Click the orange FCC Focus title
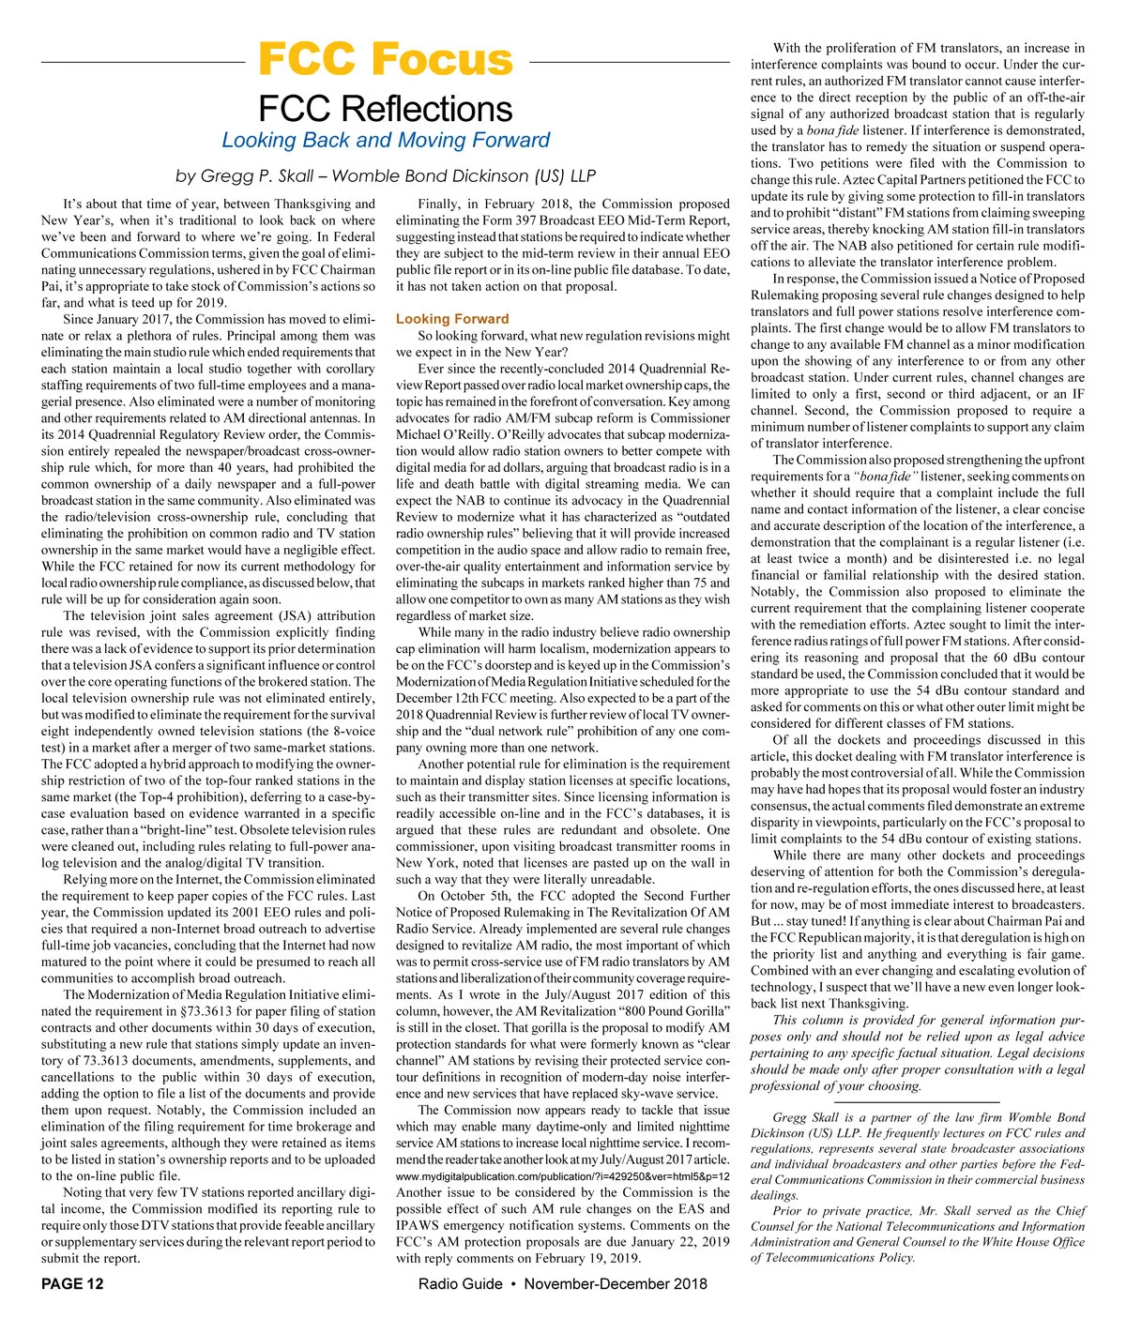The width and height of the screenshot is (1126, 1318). [386, 59]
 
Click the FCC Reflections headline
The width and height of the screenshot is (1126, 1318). [386, 109]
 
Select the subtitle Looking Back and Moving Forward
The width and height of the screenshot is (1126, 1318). [386, 141]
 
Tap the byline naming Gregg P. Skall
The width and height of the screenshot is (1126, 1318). [386, 176]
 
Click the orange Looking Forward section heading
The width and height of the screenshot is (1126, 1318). [452, 319]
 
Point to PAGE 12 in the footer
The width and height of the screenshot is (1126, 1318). [73, 1283]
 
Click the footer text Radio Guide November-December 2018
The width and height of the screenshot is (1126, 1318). [563, 1283]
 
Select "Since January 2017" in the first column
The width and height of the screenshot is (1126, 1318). [119, 319]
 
